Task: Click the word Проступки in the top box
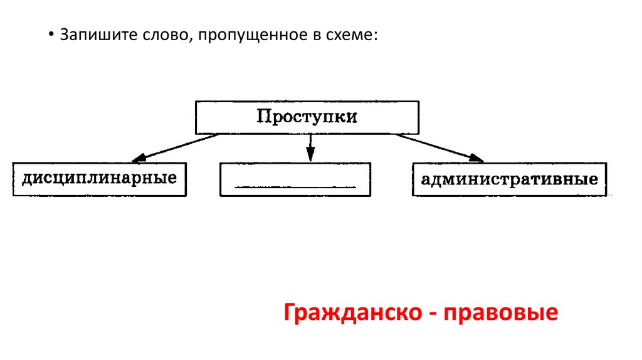click(x=307, y=117)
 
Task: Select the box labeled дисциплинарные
click(x=99, y=179)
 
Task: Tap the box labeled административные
click(x=509, y=179)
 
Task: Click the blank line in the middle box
click(x=295, y=187)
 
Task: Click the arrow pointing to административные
click(x=439, y=146)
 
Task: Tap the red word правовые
click(x=501, y=312)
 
